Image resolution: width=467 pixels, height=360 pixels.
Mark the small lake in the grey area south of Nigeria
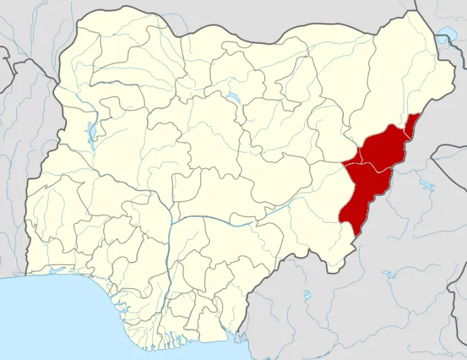308,295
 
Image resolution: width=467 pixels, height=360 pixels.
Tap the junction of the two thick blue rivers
170,223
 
